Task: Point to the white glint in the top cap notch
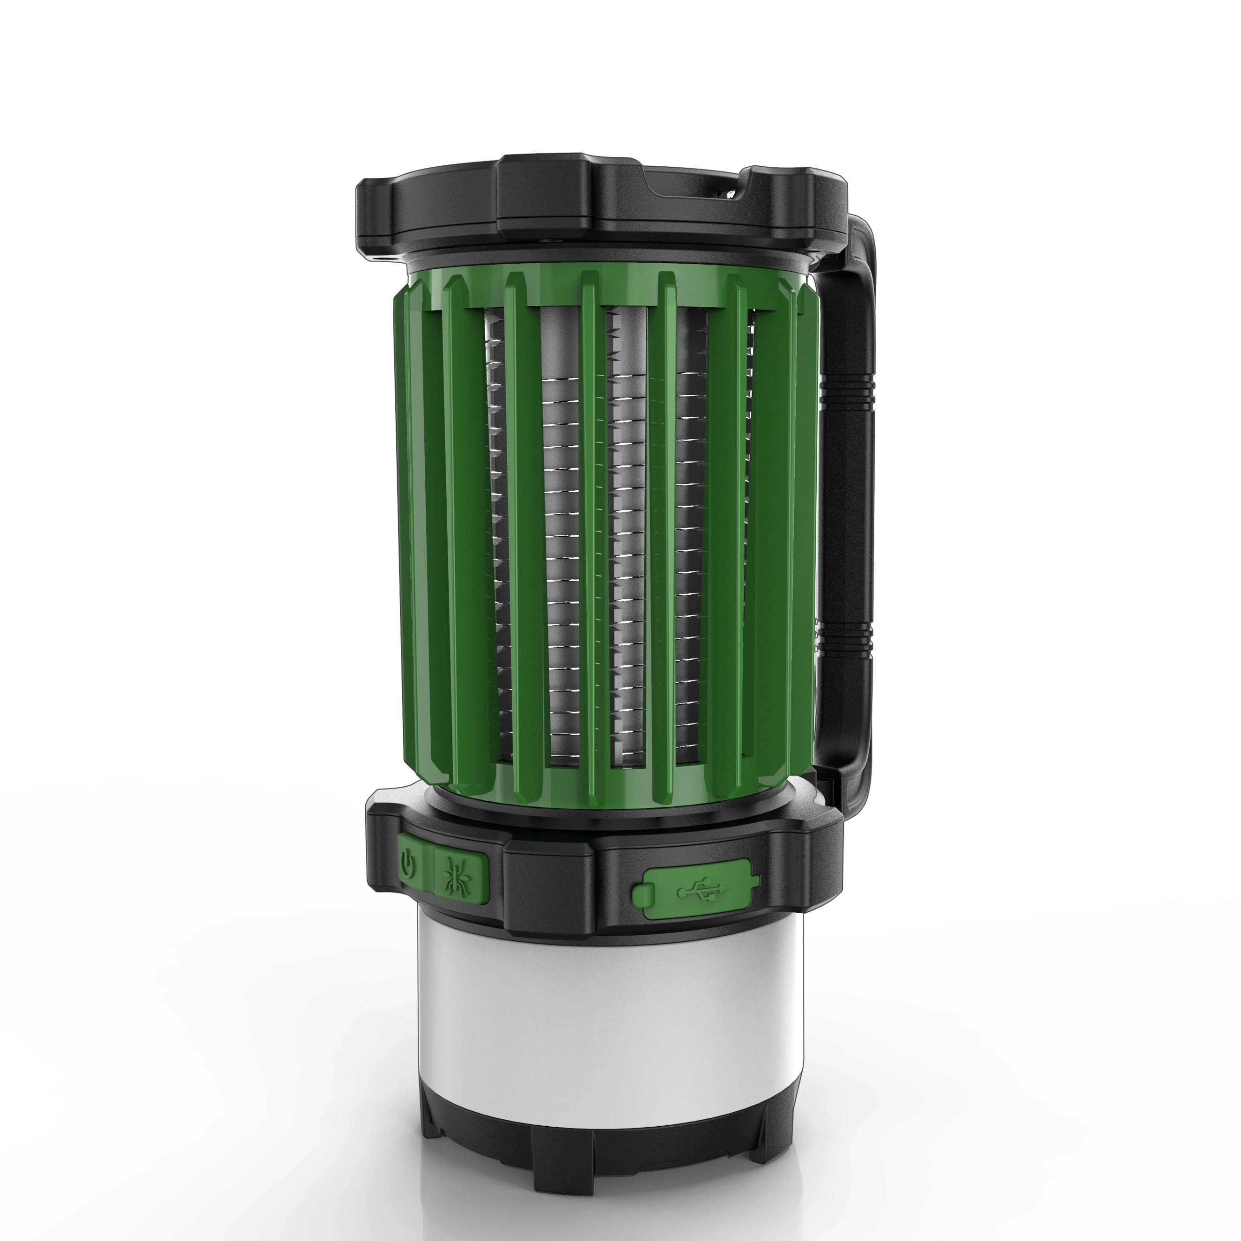click(731, 192)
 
